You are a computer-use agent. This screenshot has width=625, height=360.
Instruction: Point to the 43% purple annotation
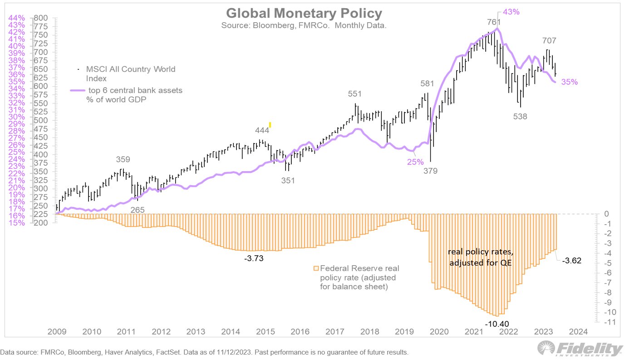pos(511,12)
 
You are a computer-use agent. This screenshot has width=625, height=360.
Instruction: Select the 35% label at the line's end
pos(570,82)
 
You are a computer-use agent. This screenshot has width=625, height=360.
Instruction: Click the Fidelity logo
pos(580,349)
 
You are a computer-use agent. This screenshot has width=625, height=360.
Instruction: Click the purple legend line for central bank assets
pos(78,91)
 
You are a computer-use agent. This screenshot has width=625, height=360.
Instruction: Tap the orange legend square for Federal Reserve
pos(316,268)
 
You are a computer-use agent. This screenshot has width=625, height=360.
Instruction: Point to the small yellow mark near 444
pos(270,125)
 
